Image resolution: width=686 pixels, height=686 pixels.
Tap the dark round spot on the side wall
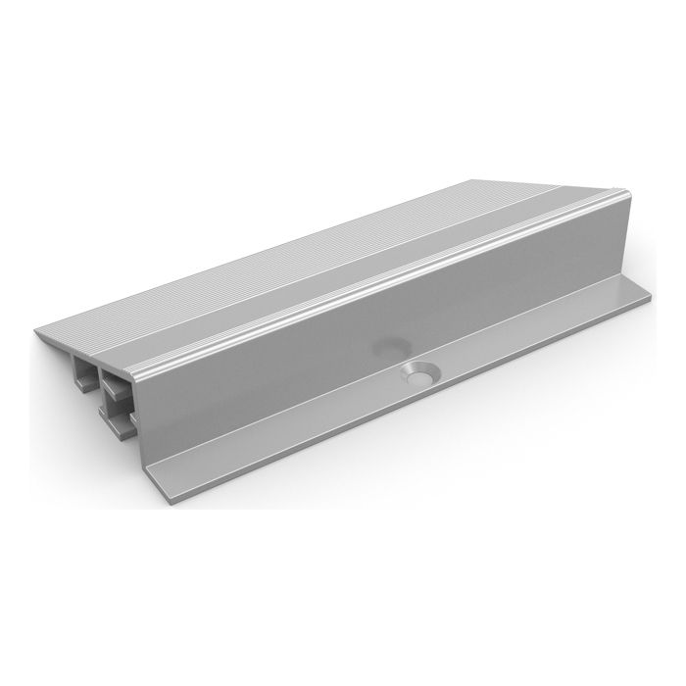click(x=390, y=346)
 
